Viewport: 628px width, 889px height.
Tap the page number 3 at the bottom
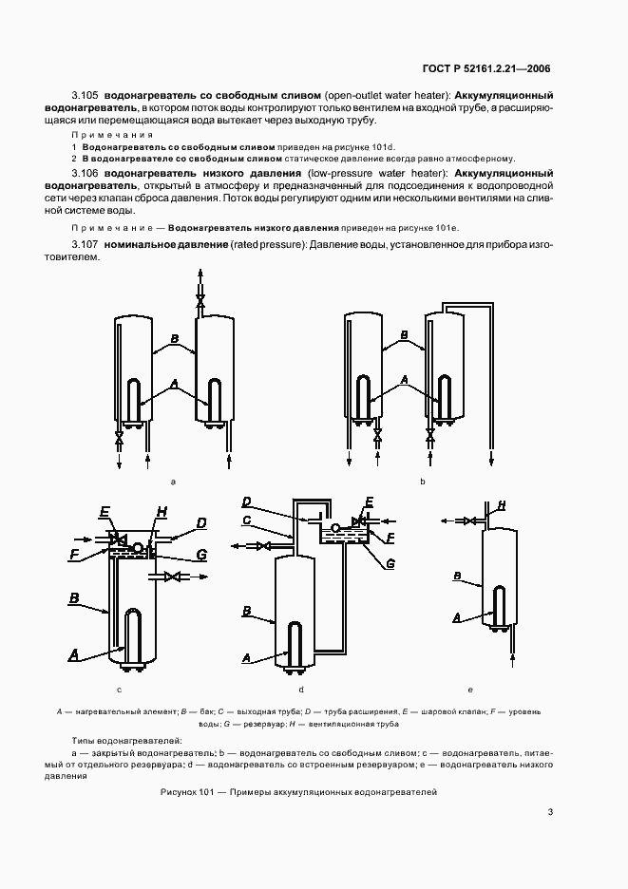point(549,811)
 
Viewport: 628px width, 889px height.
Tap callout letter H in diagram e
point(501,505)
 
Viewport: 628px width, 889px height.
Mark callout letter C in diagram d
point(245,520)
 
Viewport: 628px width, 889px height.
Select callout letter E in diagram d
point(370,501)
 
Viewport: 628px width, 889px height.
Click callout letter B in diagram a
point(174,337)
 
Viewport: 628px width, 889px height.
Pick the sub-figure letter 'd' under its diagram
point(301,689)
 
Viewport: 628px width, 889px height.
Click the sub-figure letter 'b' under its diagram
point(422,482)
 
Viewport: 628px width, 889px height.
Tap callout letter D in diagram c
point(200,521)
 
